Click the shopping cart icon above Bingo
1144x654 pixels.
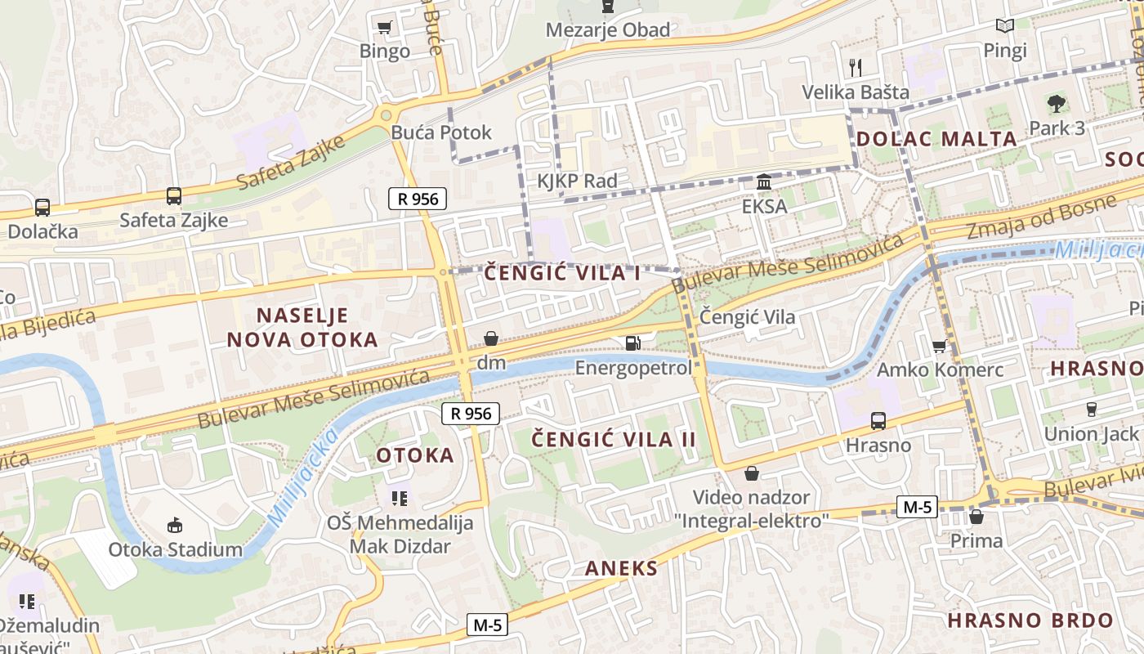coord(385,27)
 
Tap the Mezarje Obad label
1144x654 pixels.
coord(607,30)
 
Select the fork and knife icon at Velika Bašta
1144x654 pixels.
coord(856,66)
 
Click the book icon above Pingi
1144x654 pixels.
coord(1004,26)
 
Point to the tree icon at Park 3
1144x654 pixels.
coord(1057,104)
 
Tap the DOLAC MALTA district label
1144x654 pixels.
coord(936,138)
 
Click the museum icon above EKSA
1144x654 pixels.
coord(764,181)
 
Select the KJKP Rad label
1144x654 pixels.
coord(577,181)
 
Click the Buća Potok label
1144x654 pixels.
coord(441,132)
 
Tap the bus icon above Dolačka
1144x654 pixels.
coord(42,208)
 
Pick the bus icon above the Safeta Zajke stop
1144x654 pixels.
coord(174,196)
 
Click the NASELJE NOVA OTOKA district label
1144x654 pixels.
coord(302,327)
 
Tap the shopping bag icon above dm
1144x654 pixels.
coord(491,338)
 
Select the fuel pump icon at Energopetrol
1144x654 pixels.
coord(632,343)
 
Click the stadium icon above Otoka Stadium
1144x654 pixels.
coord(175,525)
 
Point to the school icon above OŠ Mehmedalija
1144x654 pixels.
coord(400,498)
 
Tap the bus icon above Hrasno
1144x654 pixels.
coord(878,421)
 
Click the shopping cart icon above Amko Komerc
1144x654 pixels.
coord(940,346)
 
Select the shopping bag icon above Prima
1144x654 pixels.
coord(976,517)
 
